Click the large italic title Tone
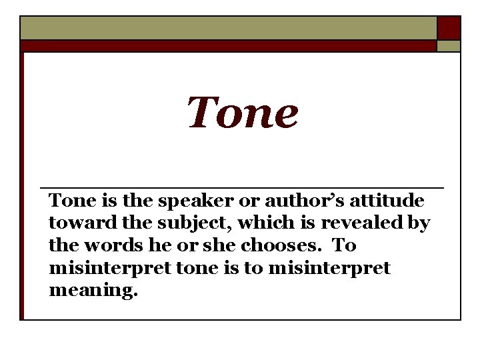[242, 113]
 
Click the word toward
[73, 223]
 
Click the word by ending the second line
[419, 224]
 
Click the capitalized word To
[344, 246]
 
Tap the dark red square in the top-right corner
[449, 28]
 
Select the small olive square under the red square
[449, 46]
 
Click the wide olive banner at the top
[228, 28]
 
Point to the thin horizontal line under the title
[242, 188]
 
